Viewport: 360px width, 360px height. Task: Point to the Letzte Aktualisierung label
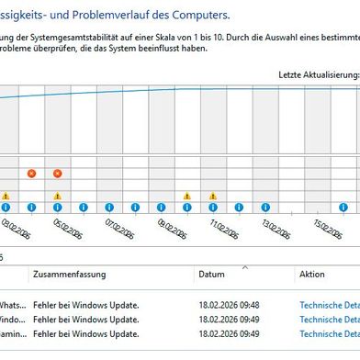[318, 73]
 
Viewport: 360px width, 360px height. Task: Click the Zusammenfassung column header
[69, 275]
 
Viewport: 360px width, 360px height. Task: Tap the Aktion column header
[311, 275]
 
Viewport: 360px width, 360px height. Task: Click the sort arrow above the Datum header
[244, 267]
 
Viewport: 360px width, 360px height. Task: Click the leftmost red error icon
[31, 173]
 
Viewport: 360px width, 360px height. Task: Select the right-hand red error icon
[57, 173]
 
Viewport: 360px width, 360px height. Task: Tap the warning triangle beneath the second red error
[57, 196]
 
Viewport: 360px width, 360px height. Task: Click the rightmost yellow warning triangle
[212, 196]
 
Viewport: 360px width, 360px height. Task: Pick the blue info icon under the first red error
[31, 208]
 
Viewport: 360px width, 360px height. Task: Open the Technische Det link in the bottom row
[328, 334]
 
